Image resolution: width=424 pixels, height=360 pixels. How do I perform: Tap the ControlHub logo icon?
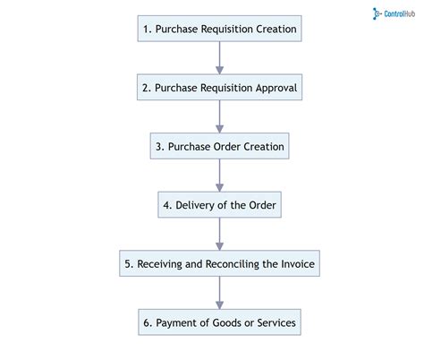click(376, 13)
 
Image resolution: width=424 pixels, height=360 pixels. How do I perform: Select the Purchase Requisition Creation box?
click(219, 30)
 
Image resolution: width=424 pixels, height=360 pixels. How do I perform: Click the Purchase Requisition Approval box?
click(219, 88)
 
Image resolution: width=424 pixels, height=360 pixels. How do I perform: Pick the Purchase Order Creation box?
click(219, 146)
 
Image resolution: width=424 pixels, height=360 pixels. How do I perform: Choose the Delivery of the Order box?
click(219, 205)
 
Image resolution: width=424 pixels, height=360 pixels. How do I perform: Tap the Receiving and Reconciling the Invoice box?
click(219, 263)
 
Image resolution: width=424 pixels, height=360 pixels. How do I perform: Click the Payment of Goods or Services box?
click(219, 322)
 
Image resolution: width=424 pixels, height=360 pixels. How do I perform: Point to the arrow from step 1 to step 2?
click(219, 58)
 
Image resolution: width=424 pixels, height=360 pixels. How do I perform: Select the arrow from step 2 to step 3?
click(219, 117)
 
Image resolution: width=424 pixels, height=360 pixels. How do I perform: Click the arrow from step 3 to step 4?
click(219, 176)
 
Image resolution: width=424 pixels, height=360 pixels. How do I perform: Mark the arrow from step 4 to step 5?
click(219, 234)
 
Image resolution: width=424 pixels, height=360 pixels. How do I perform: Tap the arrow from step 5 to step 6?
click(219, 293)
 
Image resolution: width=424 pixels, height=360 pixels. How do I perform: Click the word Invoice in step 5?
click(292, 263)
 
